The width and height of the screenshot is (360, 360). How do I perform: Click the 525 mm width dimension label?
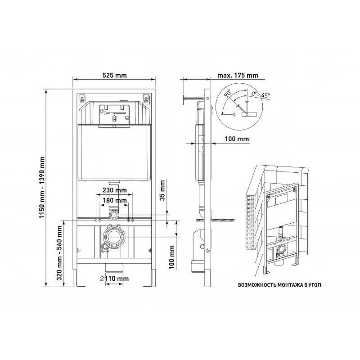(114, 75)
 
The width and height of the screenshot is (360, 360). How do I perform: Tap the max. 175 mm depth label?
(238, 75)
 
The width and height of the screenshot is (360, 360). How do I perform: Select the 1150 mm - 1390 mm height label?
(41, 187)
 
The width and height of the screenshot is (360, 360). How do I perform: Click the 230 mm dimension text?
(114, 190)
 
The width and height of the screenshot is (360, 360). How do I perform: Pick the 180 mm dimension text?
(114, 200)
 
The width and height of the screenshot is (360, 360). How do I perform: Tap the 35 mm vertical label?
(162, 190)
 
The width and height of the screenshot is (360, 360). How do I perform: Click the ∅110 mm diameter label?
(114, 279)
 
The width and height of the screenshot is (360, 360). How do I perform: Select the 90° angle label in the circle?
(228, 93)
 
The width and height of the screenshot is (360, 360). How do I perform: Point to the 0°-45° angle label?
(261, 94)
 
